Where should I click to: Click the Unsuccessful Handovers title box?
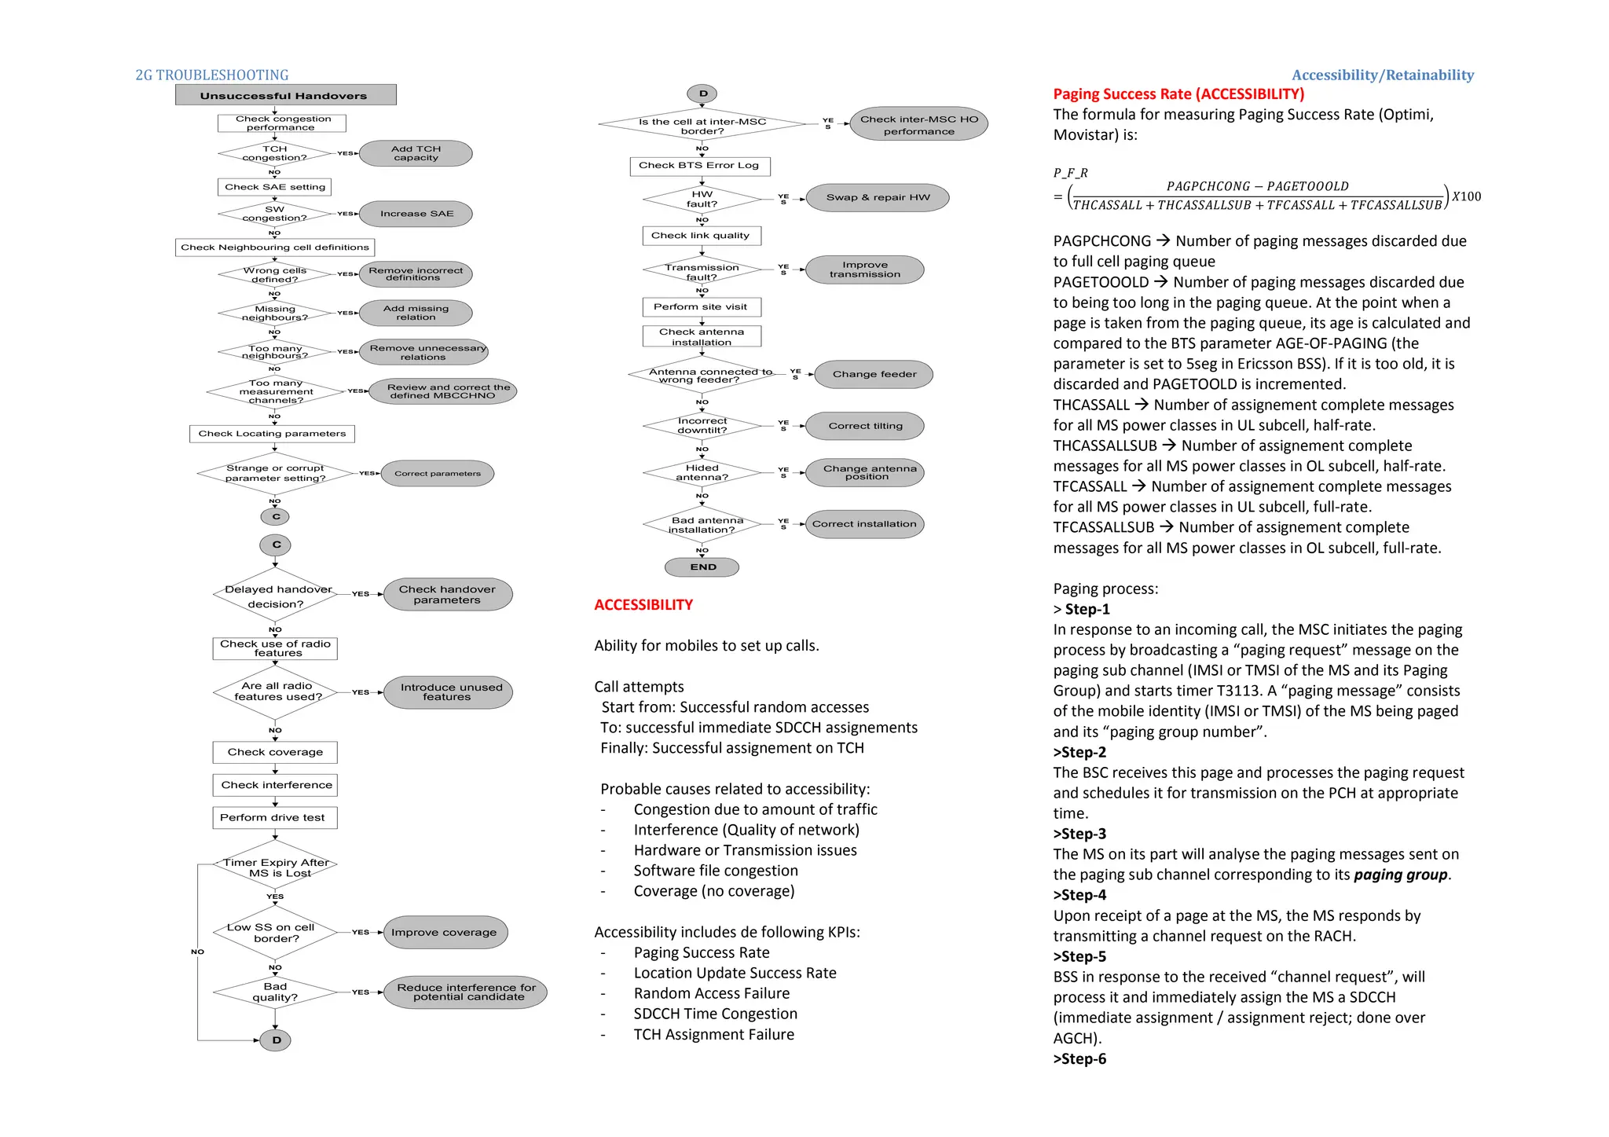285,95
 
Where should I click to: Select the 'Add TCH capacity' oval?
416,153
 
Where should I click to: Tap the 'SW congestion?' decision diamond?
274,214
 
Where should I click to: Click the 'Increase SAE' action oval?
416,214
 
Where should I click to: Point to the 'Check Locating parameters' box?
272,434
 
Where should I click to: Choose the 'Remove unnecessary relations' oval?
424,352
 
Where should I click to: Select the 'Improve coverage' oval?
445,933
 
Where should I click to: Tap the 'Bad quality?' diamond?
274,992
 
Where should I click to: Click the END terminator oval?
702,567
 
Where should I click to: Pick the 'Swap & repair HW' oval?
878,197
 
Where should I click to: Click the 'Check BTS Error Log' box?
699,166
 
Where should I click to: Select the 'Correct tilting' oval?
865,426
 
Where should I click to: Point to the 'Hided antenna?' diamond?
702,472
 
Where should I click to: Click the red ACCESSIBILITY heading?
643,605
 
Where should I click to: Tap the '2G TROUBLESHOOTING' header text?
212,75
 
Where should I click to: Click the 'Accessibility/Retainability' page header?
1382,75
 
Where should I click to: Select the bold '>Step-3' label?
1080,834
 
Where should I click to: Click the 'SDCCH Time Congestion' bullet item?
715,1014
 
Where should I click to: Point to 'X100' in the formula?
1466,196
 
